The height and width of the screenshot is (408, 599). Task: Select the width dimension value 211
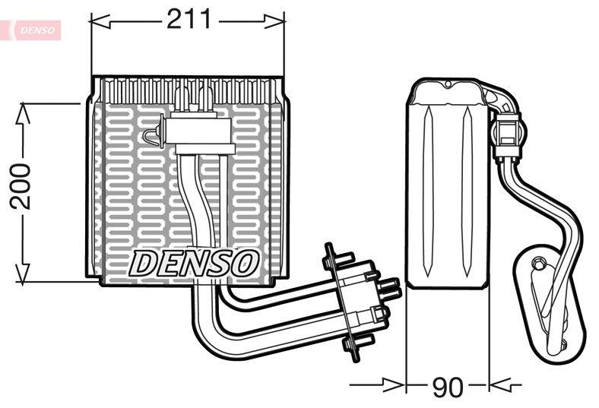188,20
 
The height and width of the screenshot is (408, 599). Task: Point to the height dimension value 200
20,185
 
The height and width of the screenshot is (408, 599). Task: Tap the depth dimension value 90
447,387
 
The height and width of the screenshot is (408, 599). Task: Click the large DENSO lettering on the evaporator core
194,263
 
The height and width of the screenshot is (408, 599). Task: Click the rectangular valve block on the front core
198,131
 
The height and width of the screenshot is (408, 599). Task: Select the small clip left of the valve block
151,136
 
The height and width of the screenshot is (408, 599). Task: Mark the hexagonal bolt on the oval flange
539,264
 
